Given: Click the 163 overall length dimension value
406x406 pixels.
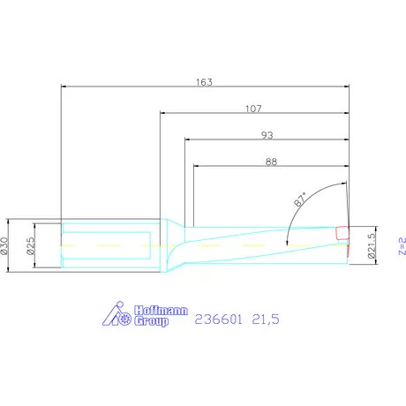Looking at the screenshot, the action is (204, 82).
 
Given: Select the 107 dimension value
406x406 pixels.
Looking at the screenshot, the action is (253, 109).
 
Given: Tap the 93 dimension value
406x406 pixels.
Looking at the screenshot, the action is (267, 135).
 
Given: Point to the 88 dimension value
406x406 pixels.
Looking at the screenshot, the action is (271, 162).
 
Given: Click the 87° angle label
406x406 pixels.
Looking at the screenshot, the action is (300, 199).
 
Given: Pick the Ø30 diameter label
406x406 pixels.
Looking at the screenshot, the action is (4, 245).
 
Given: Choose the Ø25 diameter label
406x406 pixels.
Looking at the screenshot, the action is (30, 245).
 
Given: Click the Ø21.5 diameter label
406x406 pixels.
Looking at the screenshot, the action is (372, 245).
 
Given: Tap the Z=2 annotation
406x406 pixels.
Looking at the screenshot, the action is (402, 245).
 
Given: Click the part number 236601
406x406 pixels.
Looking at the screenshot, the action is (219, 320).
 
